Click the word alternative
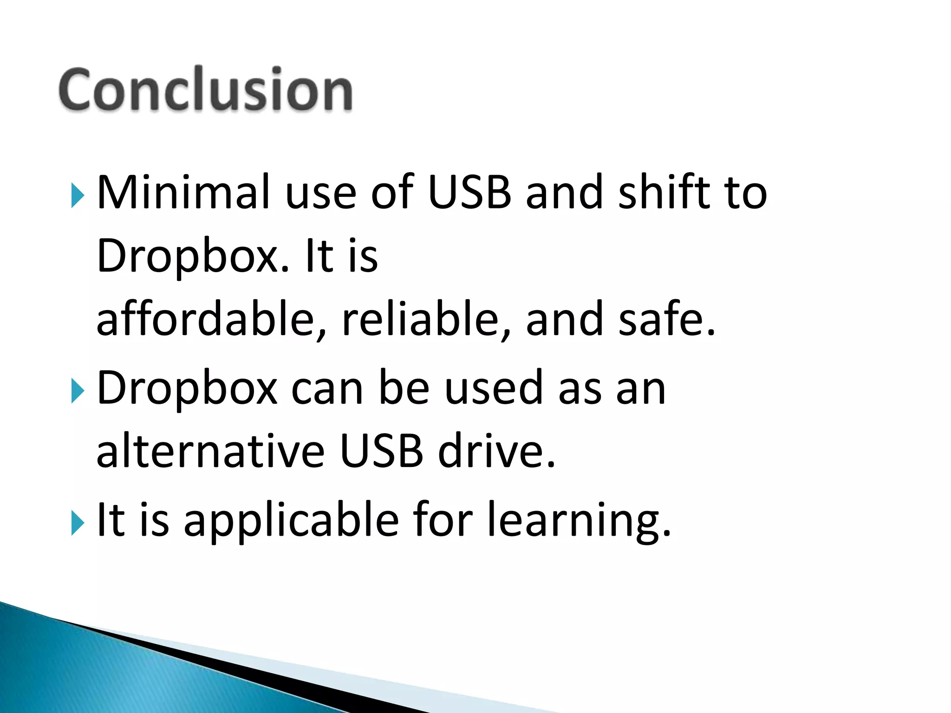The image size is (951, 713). pyautogui.click(x=210, y=450)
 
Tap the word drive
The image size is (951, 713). pyautogui.click(x=496, y=450)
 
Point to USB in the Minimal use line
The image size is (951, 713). pyautogui.click(x=469, y=191)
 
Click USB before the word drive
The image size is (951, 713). pyautogui.click(x=381, y=450)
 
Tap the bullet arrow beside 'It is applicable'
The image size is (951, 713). pyautogui.click(x=78, y=523)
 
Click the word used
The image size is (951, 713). pyautogui.click(x=494, y=387)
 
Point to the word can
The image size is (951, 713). pyautogui.click(x=327, y=388)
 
